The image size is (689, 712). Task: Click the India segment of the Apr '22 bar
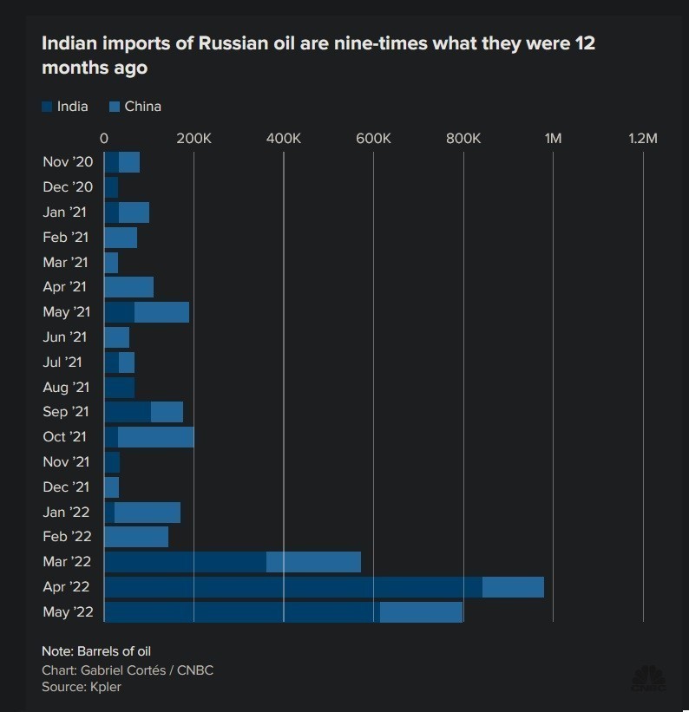(x=293, y=587)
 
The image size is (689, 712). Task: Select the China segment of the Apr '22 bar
(x=513, y=587)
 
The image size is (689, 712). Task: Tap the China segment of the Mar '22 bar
(x=313, y=562)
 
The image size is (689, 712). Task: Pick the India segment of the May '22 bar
(x=242, y=612)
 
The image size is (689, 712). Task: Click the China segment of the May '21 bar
(x=161, y=312)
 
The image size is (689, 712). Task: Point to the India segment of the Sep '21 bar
(x=128, y=412)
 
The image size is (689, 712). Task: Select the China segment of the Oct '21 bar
(x=155, y=437)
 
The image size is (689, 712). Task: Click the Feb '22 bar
(x=136, y=537)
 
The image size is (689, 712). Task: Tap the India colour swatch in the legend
(x=47, y=107)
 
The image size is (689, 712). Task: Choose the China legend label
(x=143, y=107)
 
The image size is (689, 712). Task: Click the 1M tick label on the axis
(x=552, y=138)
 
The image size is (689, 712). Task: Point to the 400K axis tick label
(x=283, y=138)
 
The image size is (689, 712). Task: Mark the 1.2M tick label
(x=642, y=138)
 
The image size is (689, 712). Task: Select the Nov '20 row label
(x=67, y=162)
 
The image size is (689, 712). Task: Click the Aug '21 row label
(x=66, y=387)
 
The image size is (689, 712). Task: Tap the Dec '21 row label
(x=66, y=487)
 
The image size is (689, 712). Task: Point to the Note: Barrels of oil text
(x=96, y=650)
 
